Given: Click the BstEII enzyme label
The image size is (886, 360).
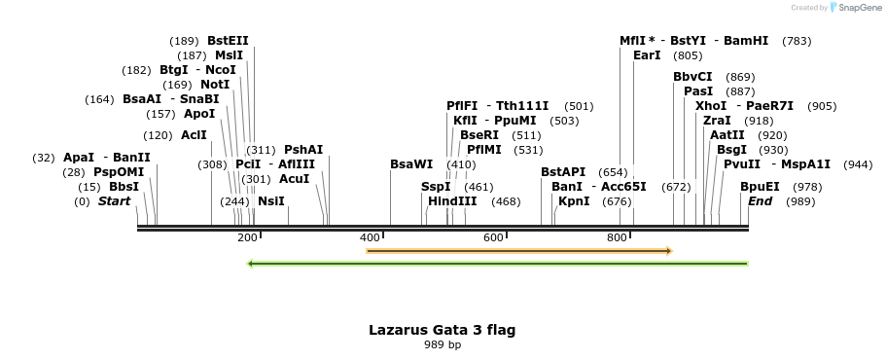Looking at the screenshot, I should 228,41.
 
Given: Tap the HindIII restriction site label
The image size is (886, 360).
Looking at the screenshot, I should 452,201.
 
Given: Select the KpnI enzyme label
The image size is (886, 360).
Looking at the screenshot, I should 573,201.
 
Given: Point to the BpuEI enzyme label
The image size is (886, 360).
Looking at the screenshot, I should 760,186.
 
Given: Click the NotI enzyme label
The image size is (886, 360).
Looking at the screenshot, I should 215,85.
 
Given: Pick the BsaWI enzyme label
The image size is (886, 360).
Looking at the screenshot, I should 410,163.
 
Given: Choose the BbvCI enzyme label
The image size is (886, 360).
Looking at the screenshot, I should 692,76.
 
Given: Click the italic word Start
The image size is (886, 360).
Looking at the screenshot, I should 114,201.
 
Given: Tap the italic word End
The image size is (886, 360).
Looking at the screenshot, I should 760,201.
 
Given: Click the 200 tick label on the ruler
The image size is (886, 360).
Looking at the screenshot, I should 247,238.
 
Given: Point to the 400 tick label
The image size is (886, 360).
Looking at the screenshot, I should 370,238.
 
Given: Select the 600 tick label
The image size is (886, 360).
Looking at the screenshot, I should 493,238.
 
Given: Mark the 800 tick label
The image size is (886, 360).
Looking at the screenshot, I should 617,238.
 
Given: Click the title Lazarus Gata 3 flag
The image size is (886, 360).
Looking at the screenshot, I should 442,330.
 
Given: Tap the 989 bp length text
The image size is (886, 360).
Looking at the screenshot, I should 442,344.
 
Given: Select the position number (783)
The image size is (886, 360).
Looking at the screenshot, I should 797,41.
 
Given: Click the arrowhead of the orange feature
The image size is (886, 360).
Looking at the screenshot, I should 668,251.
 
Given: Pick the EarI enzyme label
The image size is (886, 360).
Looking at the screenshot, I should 647,55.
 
